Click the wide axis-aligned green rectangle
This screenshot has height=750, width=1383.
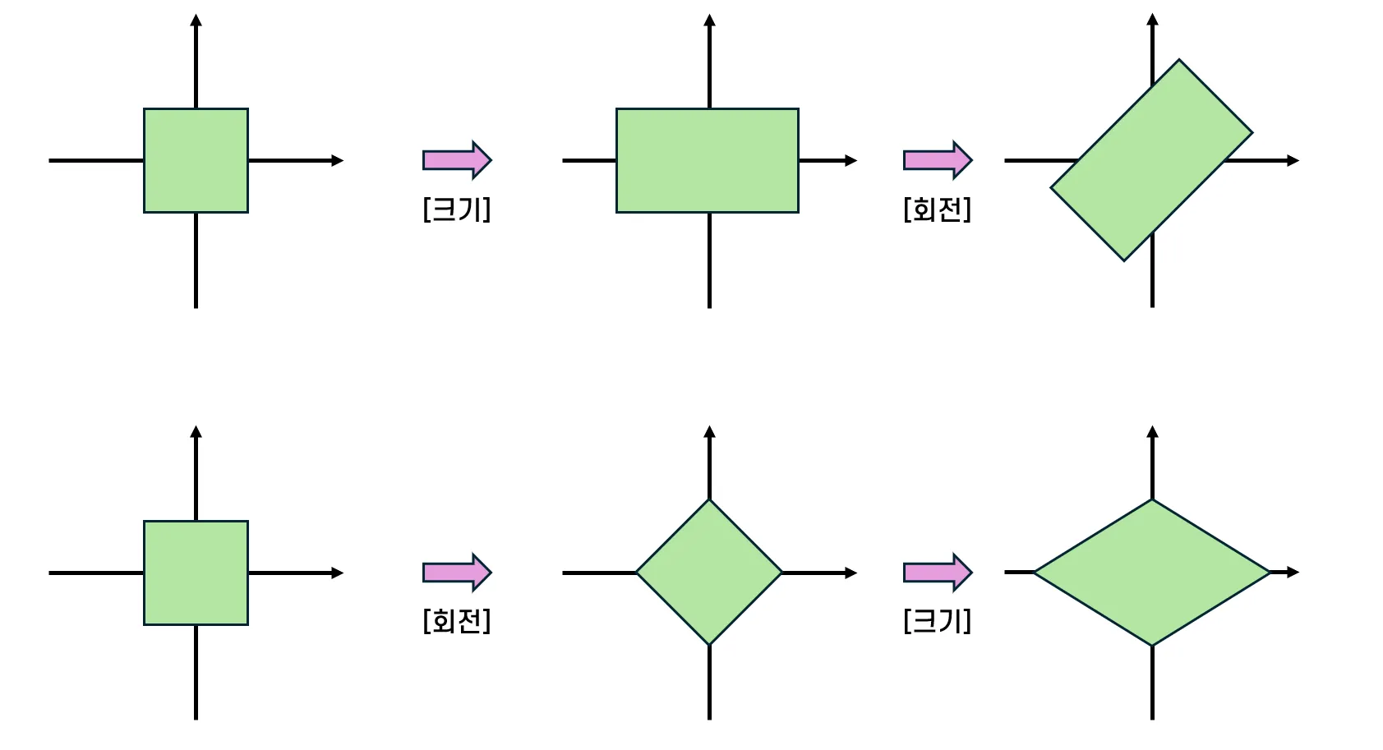click(x=707, y=160)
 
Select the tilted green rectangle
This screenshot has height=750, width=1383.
click(x=1151, y=160)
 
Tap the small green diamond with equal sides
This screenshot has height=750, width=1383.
click(x=709, y=572)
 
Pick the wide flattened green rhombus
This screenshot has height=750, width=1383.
click(x=1151, y=572)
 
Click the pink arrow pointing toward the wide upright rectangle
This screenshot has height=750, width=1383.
click(x=457, y=159)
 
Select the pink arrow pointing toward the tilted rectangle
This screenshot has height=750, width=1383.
click(x=938, y=159)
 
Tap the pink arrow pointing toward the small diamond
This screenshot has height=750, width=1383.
click(x=457, y=572)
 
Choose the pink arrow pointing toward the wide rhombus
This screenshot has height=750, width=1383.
click(x=938, y=572)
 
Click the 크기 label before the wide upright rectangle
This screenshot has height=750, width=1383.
click(x=457, y=209)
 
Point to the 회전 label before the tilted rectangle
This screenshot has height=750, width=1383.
click(x=937, y=209)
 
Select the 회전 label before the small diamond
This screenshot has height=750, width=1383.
click(x=457, y=620)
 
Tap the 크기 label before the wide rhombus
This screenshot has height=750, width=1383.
click(x=937, y=620)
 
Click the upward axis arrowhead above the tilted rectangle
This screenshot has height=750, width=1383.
click(x=1152, y=19)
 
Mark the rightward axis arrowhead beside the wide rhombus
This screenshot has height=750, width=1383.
click(x=1293, y=572)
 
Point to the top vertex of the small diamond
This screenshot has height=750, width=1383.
click(x=709, y=500)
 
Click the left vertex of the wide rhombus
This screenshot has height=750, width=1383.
click(x=1035, y=572)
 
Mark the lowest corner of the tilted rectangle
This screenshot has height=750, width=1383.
click(x=1124, y=260)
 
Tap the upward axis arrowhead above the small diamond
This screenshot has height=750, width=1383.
click(x=709, y=431)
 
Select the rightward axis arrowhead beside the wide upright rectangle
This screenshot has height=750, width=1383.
click(x=851, y=160)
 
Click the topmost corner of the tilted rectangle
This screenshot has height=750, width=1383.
click(x=1179, y=60)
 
